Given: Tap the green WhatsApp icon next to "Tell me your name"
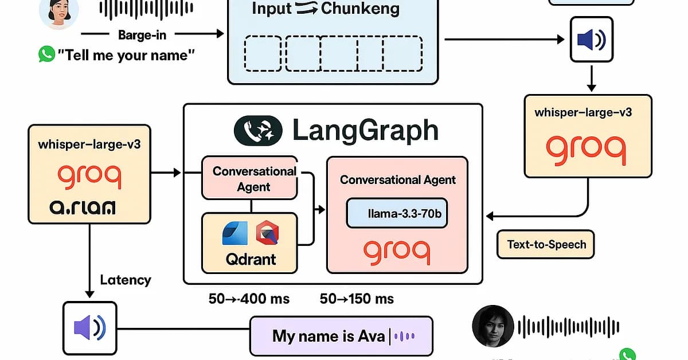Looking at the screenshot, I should (46, 55).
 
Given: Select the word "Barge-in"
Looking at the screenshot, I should (142, 34).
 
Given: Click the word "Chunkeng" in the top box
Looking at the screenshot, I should (360, 9).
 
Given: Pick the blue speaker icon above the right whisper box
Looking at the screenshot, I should (591, 40).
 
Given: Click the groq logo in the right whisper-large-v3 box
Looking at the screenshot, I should (585, 148).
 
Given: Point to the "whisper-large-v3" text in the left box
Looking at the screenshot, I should (89, 144).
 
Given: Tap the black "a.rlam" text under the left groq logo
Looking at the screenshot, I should (83, 207).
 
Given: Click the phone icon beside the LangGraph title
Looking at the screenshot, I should (258, 130).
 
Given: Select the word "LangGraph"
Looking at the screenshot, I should (365, 131).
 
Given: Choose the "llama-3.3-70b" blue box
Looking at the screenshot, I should (397, 214).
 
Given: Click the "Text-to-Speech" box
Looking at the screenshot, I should (546, 245).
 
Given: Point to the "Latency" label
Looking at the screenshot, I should (126, 280).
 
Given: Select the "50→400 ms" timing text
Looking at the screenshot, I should (249, 299).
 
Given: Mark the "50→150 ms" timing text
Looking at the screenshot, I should (357, 299).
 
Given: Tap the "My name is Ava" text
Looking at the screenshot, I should (329, 336).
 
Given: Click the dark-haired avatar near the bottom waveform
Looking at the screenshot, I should (492, 326).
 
